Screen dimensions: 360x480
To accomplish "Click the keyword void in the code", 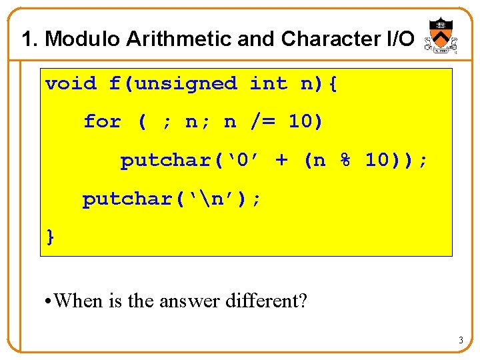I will coord(71,84).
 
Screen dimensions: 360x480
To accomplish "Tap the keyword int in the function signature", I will coord(269,84).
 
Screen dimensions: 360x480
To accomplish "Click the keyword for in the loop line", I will coord(102,122).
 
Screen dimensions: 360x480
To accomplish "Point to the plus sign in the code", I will coord(282,161).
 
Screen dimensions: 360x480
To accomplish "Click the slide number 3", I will coord(460,341).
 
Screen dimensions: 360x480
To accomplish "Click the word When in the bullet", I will coord(79,301).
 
